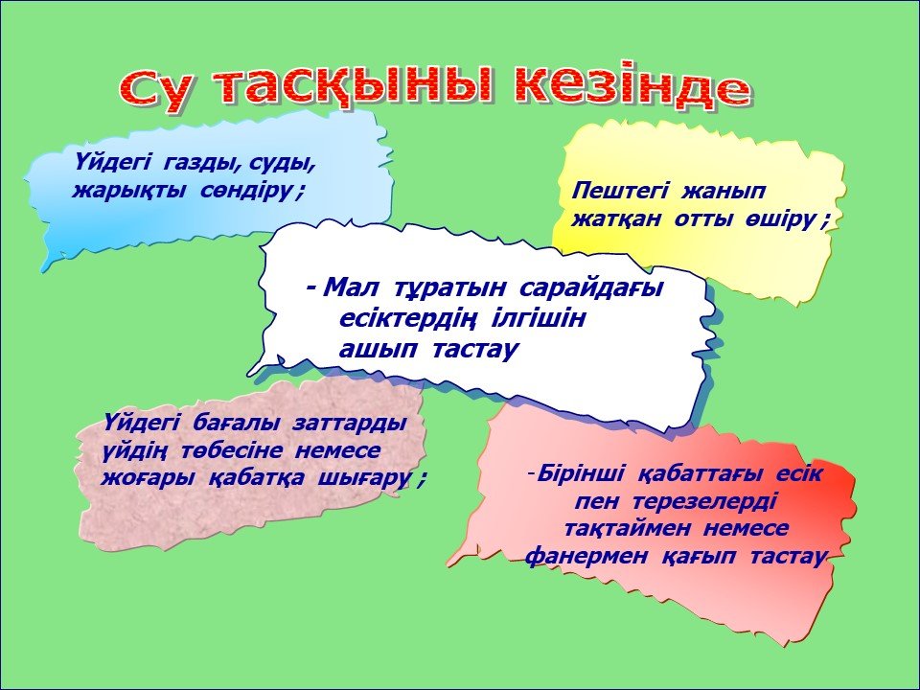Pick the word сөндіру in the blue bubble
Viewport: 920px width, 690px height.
pyautogui.click(x=247, y=191)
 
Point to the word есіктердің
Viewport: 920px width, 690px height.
pyautogui.click(x=406, y=320)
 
